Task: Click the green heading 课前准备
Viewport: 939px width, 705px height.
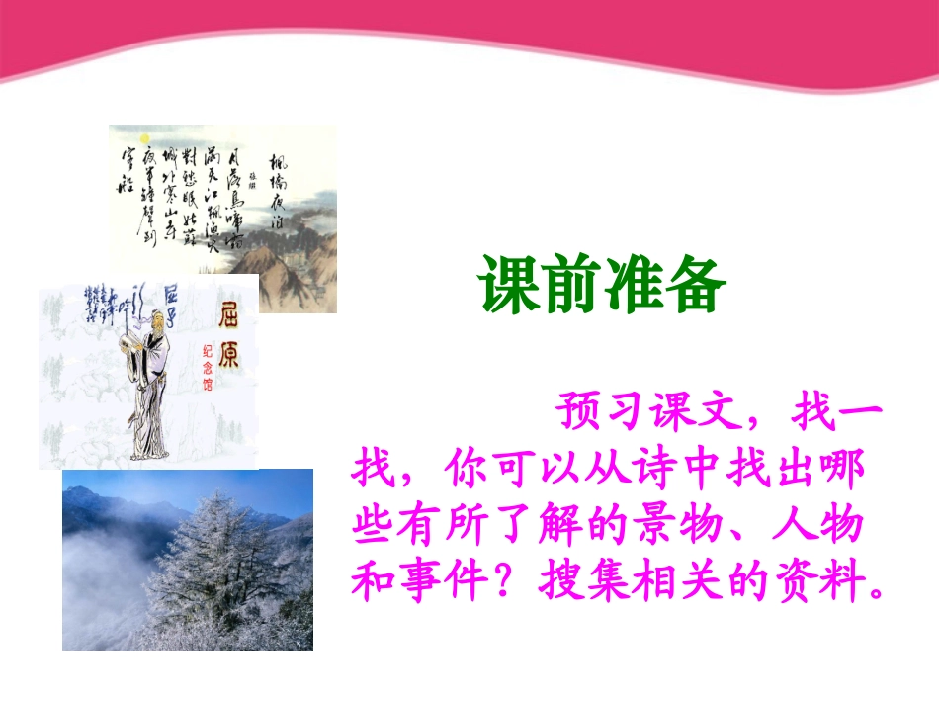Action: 603,284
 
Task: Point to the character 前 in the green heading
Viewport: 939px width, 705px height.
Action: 572,284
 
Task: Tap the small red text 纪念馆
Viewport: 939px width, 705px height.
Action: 208,368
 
